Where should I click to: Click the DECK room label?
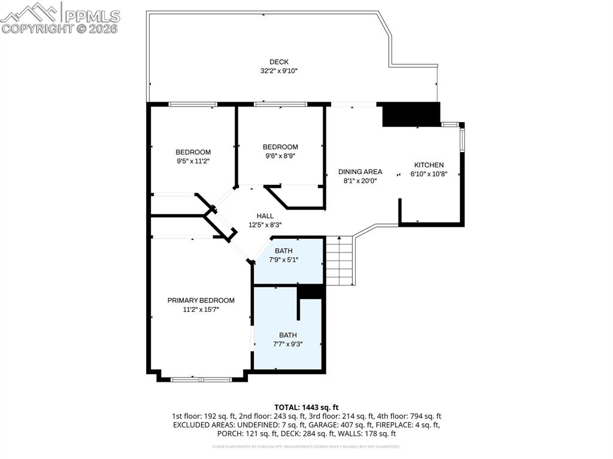point(278,62)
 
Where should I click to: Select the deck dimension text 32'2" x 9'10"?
point(278,71)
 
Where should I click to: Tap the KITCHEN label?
point(429,165)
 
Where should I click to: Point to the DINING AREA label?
point(360,172)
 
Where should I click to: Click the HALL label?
point(265,216)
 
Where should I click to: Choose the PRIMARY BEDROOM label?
point(201,300)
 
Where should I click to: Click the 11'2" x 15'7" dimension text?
point(201,309)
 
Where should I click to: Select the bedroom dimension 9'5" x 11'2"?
point(193,161)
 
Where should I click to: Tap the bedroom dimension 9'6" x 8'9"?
point(280,156)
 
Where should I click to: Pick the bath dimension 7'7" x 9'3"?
point(287,344)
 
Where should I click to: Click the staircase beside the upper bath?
point(339,261)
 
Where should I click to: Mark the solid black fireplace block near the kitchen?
point(411,114)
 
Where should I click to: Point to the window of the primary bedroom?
point(201,379)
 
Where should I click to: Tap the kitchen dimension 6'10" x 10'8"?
point(429,174)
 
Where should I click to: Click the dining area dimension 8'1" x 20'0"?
point(360,181)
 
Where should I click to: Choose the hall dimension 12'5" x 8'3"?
point(265,225)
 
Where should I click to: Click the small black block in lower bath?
point(311,291)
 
